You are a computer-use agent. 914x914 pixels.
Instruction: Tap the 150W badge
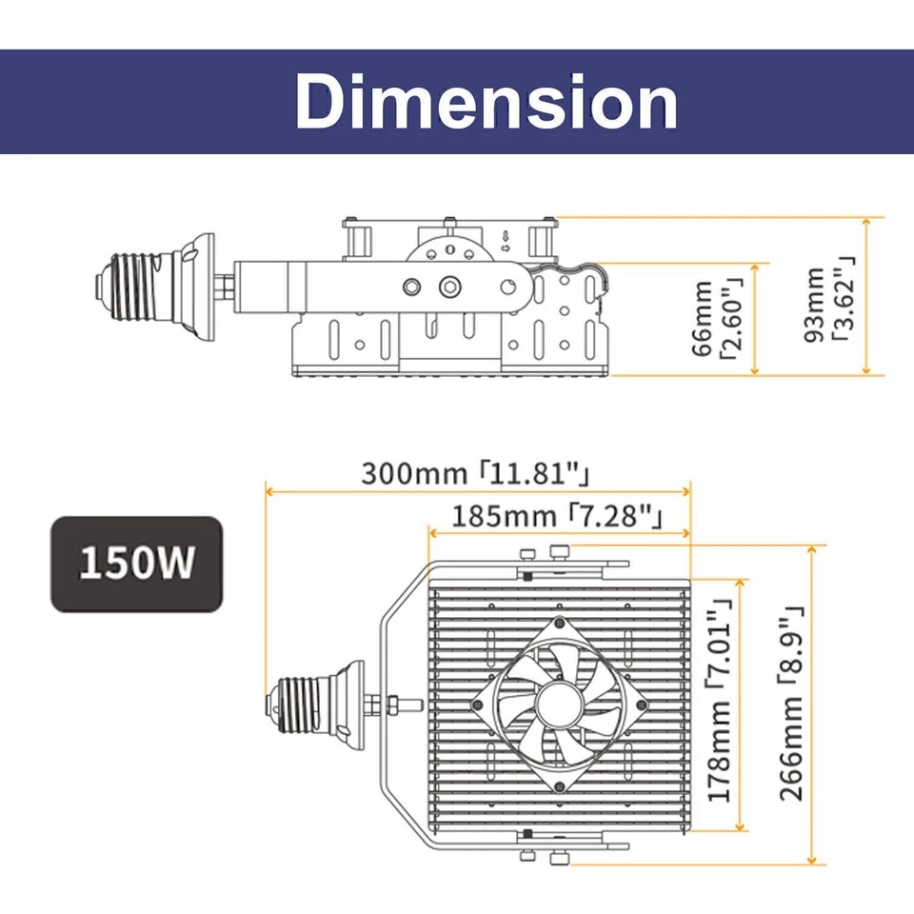click(x=136, y=564)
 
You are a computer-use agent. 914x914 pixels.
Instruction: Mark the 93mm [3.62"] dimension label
click(x=827, y=305)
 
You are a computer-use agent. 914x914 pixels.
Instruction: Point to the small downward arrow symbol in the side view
click(x=505, y=234)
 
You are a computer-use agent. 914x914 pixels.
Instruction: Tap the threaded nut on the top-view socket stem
click(x=391, y=705)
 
